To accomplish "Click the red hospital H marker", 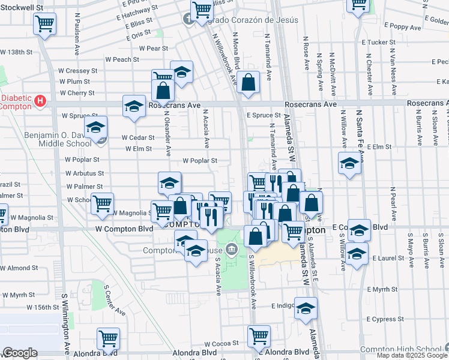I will (40, 100).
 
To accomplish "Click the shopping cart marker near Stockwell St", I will (45, 25).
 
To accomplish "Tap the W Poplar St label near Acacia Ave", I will (200, 161).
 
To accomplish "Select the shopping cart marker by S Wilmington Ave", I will (108, 338).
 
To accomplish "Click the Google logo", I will (20, 353).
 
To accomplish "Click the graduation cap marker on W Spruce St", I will (95, 128).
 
